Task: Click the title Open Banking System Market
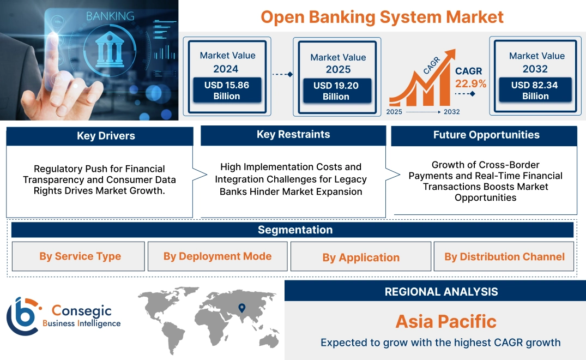[x=382, y=16]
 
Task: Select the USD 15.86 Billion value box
[x=226, y=91]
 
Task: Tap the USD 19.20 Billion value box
[x=336, y=91]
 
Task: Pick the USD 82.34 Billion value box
[x=535, y=91]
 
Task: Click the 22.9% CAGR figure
[x=471, y=83]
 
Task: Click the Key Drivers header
[x=100, y=136]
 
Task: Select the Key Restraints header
[x=293, y=135]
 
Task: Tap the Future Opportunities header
[x=484, y=135]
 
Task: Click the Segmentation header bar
[x=293, y=230]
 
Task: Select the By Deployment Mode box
[x=218, y=256]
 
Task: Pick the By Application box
[x=360, y=257]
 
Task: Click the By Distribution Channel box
[x=504, y=256]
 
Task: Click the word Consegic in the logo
[x=81, y=311]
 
